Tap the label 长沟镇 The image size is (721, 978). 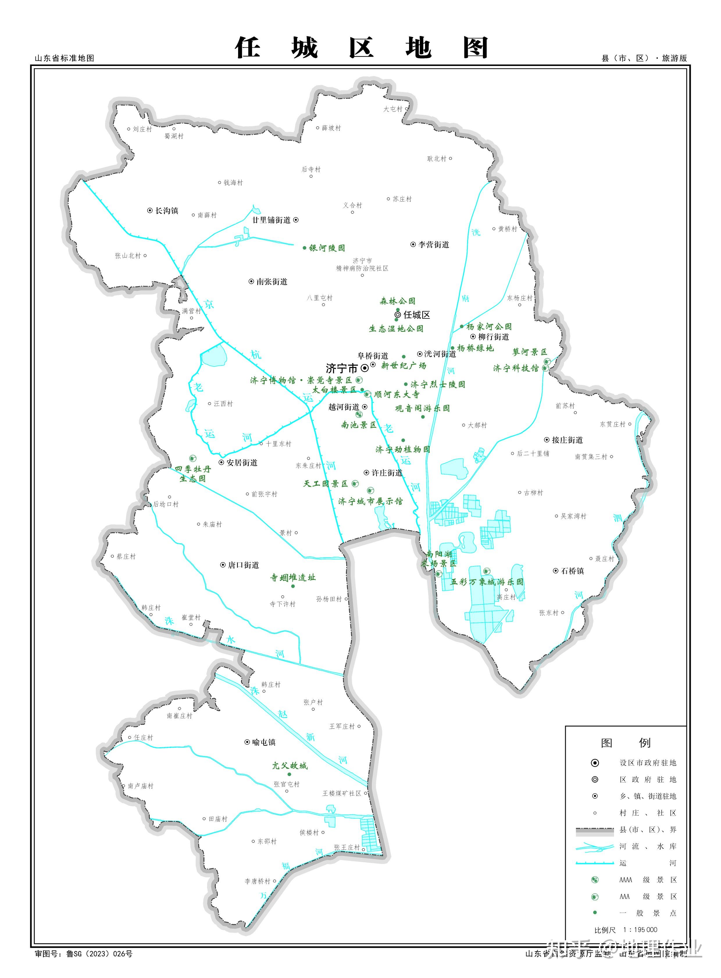coord(167,211)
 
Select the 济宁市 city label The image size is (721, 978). coord(341,368)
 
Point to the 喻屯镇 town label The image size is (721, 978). coord(264,742)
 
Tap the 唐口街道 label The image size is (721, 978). coord(243,565)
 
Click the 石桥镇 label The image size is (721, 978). coord(572,571)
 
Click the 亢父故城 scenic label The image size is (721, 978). coord(290,766)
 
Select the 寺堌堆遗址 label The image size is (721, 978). coord(292,578)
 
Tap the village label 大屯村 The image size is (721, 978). coord(392,109)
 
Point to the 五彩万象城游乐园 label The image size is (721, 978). coord(487,582)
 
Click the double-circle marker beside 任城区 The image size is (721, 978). coord(398,314)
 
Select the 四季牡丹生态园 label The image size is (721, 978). coord(193,474)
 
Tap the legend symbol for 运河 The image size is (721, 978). coord(595,863)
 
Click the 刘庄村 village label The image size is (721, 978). coord(142,129)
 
